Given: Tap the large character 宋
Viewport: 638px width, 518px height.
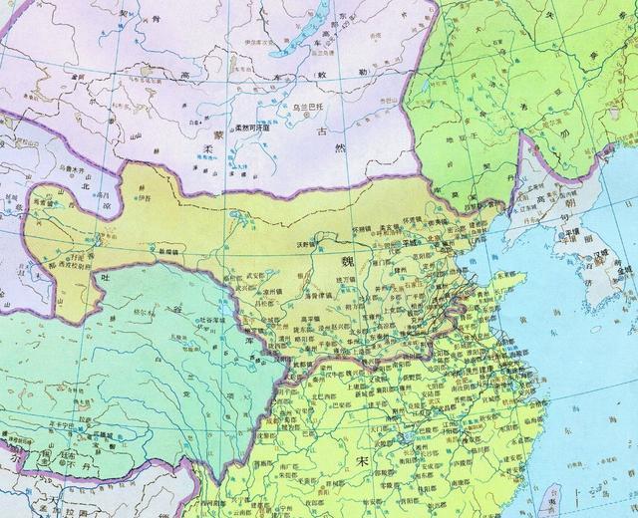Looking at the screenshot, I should click(x=363, y=461).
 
